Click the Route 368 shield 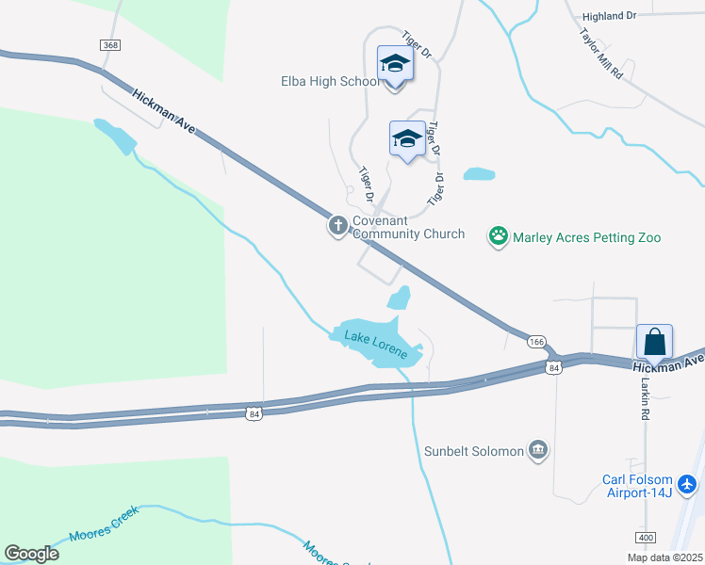click(111, 45)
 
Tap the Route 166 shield click(537, 341)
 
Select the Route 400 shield click(645, 537)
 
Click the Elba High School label click(330, 82)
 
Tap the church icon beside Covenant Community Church click(338, 226)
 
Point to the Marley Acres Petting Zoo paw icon click(498, 236)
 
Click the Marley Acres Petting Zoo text click(586, 237)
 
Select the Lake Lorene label click(374, 346)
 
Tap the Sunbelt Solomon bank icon click(538, 451)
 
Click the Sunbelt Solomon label click(472, 451)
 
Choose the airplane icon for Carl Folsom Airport click(687, 484)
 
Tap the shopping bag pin click(654, 341)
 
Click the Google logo click(31, 553)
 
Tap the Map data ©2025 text click(664, 557)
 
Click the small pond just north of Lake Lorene click(399, 298)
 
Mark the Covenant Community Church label click(408, 227)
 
